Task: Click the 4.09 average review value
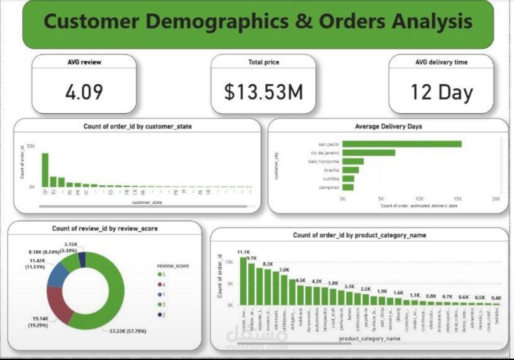point(84,92)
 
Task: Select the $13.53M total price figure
point(263,92)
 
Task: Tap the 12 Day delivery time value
point(441,92)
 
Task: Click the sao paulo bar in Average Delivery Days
point(402,144)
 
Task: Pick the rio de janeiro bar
point(368,153)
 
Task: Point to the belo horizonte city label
point(323,161)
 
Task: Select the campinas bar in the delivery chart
point(348,187)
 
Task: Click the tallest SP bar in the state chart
point(45,169)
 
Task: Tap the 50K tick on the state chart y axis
point(31,146)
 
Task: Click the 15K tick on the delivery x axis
point(457,199)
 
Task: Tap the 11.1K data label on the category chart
point(243,252)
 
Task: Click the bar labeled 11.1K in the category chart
point(243,281)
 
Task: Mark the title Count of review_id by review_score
point(105,228)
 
